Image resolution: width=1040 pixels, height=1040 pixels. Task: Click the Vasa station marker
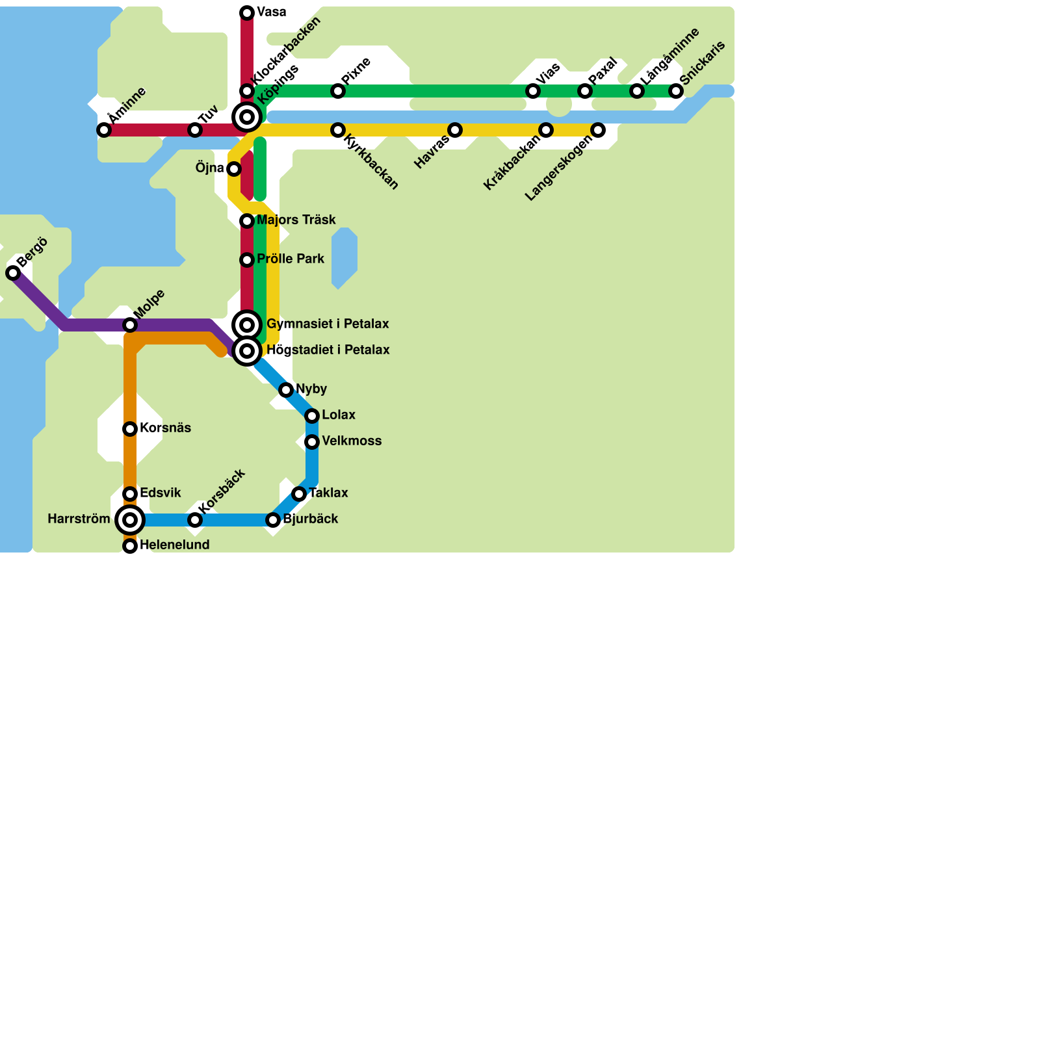tap(247, 13)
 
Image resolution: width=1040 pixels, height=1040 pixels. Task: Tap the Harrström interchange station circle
tap(130, 520)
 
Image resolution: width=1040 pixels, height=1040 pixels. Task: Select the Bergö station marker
tap(13, 273)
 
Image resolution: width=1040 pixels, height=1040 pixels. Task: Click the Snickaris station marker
tap(676, 91)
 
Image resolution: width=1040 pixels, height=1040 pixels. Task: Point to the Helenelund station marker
tap(130, 546)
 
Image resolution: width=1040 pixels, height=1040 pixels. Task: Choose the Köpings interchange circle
tap(247, 117)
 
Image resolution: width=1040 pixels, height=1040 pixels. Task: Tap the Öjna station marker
tap(234, 169)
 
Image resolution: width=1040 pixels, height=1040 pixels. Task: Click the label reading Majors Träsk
tap(296, 220)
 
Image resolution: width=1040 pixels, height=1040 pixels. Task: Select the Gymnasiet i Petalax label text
tap(328, 324)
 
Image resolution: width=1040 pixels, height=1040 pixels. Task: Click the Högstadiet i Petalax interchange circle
tap(247, 351)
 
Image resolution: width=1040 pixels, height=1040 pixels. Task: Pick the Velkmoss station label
tap(352, 441)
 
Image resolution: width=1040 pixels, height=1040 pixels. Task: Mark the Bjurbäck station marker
tap(273, 520)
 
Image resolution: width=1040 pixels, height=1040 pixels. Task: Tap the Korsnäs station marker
tap(130, 429)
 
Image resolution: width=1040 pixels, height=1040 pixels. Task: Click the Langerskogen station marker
tap(598, 130)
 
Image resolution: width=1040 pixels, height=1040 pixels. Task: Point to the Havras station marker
tap(455, 130)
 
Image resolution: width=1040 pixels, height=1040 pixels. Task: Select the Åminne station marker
tap(104, 130)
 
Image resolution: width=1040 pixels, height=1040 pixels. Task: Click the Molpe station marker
tap(130, 325)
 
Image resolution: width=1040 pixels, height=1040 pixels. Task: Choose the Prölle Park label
tap(290, 259)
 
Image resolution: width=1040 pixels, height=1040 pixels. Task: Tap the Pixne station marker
tap(338, 91)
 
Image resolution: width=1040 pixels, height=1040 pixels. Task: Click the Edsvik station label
tap(160, 493)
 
